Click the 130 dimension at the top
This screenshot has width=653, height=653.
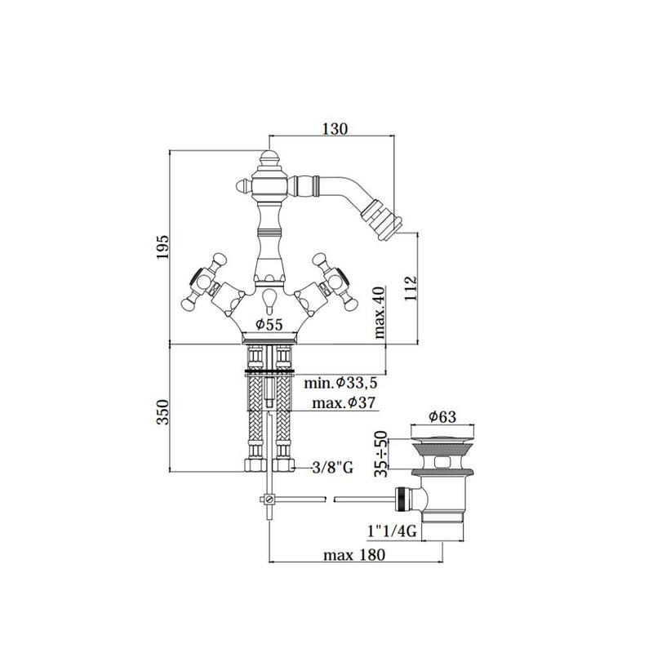tap(335, 129)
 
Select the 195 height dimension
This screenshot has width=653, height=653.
tap(162, 247)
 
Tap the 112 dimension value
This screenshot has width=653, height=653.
tap(411, 287)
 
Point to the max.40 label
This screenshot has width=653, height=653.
tap(380, 313)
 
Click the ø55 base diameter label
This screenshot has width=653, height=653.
tap(269, 324)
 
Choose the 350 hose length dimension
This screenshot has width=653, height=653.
tap(162, 412)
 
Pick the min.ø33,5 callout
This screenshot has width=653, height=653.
tap(340, 382)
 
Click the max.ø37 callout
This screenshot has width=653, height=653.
tap(344, 402)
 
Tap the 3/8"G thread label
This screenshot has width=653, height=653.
tap(333, 468)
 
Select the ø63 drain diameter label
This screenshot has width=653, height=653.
tap(442, 416)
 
